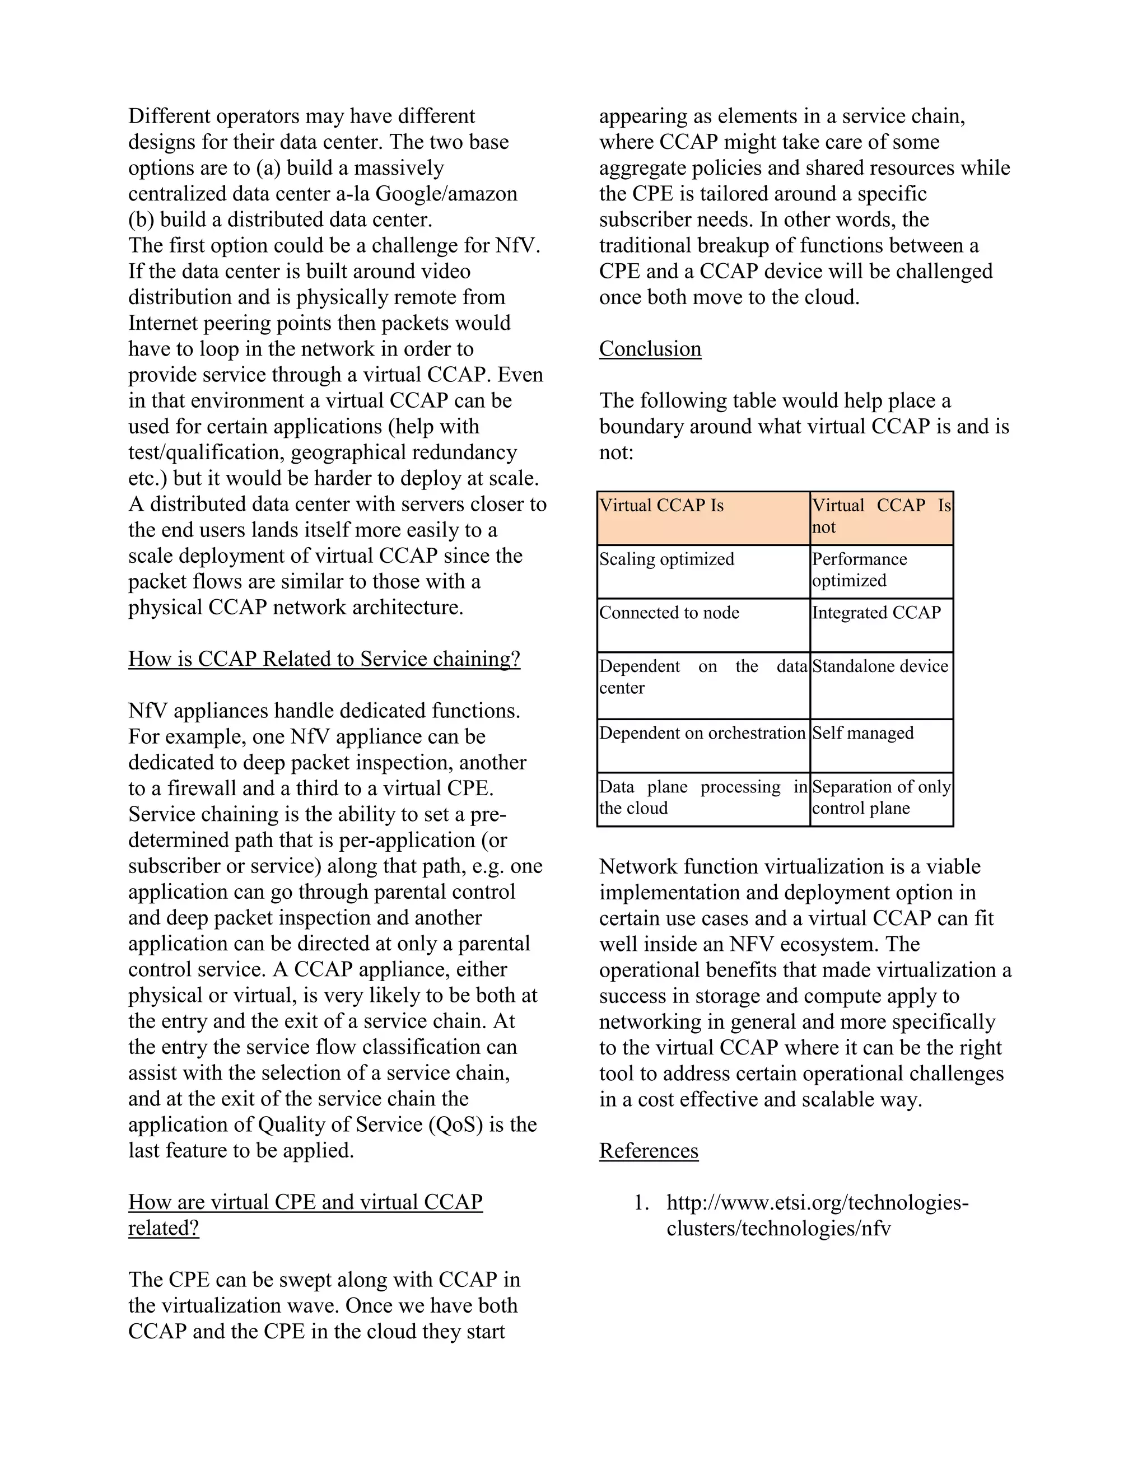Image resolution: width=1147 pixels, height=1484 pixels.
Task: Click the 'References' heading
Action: (x=648, y=1150)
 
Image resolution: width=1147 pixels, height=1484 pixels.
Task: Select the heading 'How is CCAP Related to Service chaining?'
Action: (x=324, y=659)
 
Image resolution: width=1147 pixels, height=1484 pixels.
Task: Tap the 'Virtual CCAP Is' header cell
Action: (x=703, y=518)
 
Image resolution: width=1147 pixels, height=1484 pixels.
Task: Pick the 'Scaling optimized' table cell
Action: (x=703, y=571)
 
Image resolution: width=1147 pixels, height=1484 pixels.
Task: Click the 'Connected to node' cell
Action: (x=703, y=624)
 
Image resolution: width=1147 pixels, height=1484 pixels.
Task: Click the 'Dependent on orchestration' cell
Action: (x=703, y=745)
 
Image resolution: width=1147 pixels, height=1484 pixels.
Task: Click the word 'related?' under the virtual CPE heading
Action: (x=164, y=1228)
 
